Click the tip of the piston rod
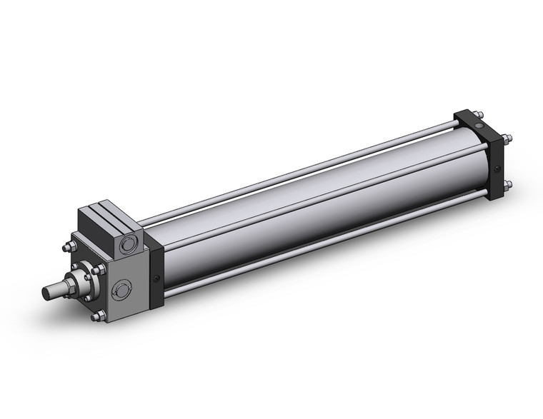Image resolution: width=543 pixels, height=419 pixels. pyautogui.click(x=47, y=292)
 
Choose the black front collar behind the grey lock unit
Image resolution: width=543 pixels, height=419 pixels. pyautogui.click(x=156, y=264)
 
